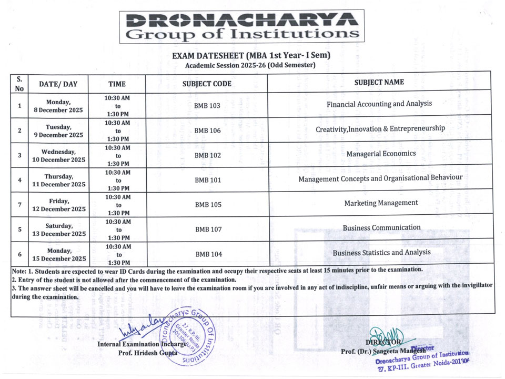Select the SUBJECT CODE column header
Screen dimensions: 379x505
point(207,84)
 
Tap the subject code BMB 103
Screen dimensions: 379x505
point(207,106)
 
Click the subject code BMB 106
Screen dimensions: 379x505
point(207,131)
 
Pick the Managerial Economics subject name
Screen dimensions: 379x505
point(381,154)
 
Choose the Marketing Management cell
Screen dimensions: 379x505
point(381,203)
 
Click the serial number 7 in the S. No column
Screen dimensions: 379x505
point(19,204)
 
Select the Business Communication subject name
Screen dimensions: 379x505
point(381,227)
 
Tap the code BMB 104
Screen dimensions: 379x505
point(209,254)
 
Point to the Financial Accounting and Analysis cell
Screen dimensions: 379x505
point(379,104)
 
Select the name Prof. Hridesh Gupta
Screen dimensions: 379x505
point(148,353)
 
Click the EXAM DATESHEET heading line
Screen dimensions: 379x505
point(251,55)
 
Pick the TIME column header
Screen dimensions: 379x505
point(117,84)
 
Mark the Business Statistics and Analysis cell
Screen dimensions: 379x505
point(381,253)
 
